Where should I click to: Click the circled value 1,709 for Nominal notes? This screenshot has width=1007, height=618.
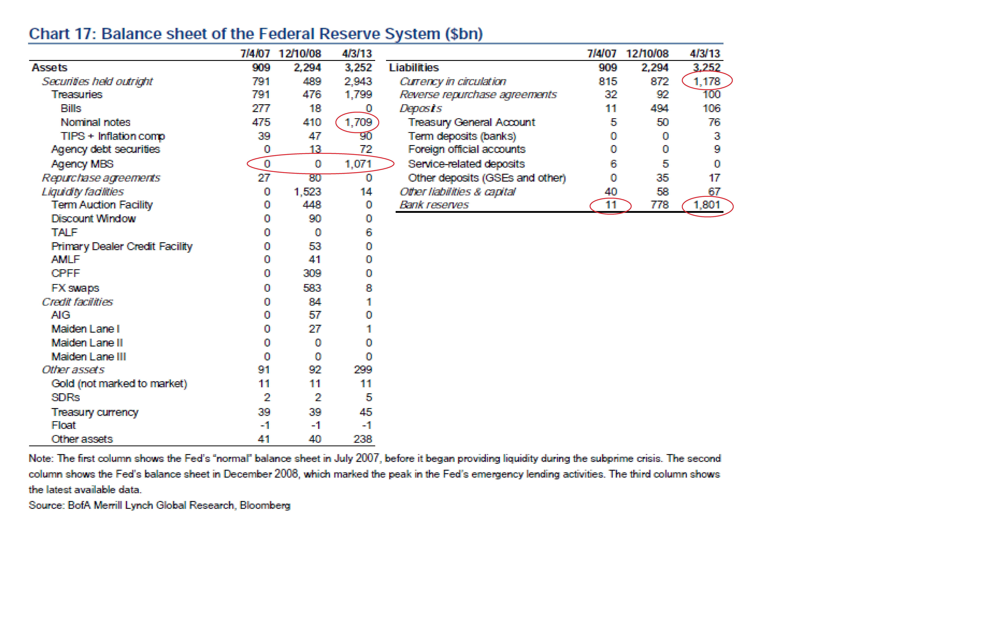point(358,122)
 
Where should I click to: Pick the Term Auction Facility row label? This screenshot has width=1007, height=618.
point(102,205)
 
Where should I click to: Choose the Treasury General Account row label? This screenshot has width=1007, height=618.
point(471,122)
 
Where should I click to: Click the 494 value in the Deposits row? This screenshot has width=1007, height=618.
point(659,108)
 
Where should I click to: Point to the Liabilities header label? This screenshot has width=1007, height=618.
point(414,68)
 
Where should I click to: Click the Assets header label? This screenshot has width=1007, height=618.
point(49,68)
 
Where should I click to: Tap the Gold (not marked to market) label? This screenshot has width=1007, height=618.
point(119,384)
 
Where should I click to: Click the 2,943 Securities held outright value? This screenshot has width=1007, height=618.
point(358,81)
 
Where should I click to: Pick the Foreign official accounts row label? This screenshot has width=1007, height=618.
point(466,149)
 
